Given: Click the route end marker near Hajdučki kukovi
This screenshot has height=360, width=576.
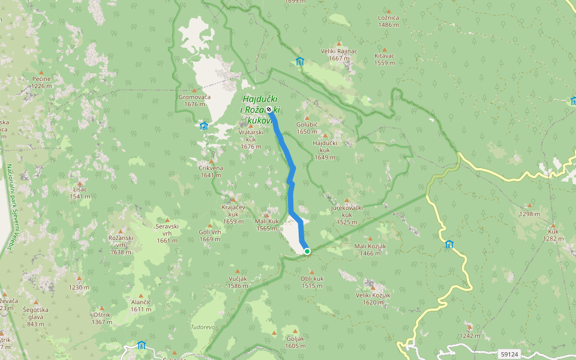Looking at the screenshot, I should point(269,110).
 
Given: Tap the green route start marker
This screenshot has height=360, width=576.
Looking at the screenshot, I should point(307,251).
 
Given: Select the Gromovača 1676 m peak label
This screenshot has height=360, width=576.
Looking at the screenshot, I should point(195,100).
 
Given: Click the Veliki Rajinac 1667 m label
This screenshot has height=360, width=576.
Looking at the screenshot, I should point(339,55).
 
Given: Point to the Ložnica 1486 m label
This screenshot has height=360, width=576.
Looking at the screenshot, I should point(389,21).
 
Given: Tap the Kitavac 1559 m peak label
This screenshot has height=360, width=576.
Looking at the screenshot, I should point(385,59).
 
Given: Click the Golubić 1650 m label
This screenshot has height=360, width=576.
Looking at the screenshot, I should point(307,128).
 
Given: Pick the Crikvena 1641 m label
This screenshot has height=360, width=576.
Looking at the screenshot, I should point(211,172).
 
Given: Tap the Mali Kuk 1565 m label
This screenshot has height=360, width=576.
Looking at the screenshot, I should point(267,224).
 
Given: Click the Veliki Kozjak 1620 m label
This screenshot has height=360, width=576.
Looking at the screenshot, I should point(373,298).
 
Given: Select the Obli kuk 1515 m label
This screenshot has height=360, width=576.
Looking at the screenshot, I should point(312,282).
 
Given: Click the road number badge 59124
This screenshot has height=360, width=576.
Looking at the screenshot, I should point(508,355).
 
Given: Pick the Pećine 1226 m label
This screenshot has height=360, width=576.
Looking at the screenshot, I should point(41,82).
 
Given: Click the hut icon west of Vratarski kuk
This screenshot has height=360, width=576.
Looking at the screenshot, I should point(204,125).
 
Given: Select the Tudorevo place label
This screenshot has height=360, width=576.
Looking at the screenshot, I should point(203,327).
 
